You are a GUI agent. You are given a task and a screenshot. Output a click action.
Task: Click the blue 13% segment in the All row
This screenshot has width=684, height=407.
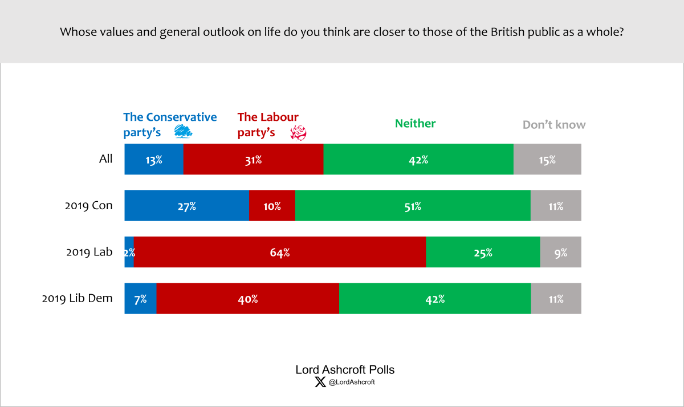(154, 159)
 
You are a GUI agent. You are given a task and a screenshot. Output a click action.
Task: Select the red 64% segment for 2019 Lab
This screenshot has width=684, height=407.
(280, 252)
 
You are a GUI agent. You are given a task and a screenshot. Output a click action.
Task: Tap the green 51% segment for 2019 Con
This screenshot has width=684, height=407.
(413, 206)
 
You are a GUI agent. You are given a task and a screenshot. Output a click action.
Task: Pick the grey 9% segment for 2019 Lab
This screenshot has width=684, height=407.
(561, 252)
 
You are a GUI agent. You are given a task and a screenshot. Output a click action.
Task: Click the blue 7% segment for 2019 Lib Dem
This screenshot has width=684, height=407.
(141, 299)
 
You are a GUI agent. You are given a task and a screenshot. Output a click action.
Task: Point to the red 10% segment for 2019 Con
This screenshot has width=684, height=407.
(272, 206)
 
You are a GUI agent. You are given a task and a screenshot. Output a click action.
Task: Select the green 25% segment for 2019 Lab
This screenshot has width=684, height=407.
(483, 252)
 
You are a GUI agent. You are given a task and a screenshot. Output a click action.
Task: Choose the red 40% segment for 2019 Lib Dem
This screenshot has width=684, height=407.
(248, 299)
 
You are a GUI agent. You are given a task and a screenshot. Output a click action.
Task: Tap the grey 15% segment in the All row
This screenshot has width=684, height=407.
(547, 159)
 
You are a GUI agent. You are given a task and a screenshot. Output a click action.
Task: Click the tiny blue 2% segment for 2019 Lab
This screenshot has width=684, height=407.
(129, 252)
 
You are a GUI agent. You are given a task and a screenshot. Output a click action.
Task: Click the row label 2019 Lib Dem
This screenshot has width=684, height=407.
(77, 298)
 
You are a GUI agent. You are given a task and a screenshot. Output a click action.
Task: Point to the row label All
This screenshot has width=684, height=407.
(105, 158)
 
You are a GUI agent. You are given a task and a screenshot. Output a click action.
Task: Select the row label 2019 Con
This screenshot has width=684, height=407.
(88, 205)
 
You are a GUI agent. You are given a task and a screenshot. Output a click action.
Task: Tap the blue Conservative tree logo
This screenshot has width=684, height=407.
(183, 132)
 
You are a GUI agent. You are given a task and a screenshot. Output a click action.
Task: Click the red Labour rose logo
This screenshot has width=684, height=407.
(298, 133)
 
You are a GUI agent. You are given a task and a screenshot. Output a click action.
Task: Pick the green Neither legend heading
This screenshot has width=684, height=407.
(415, 123)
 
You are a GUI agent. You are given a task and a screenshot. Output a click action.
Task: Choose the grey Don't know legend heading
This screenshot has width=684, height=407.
(554, 124)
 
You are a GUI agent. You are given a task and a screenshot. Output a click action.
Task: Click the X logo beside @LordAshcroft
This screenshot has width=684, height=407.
(320, 382)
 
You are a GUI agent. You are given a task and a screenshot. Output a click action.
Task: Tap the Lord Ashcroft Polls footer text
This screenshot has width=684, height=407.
(345, 369)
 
